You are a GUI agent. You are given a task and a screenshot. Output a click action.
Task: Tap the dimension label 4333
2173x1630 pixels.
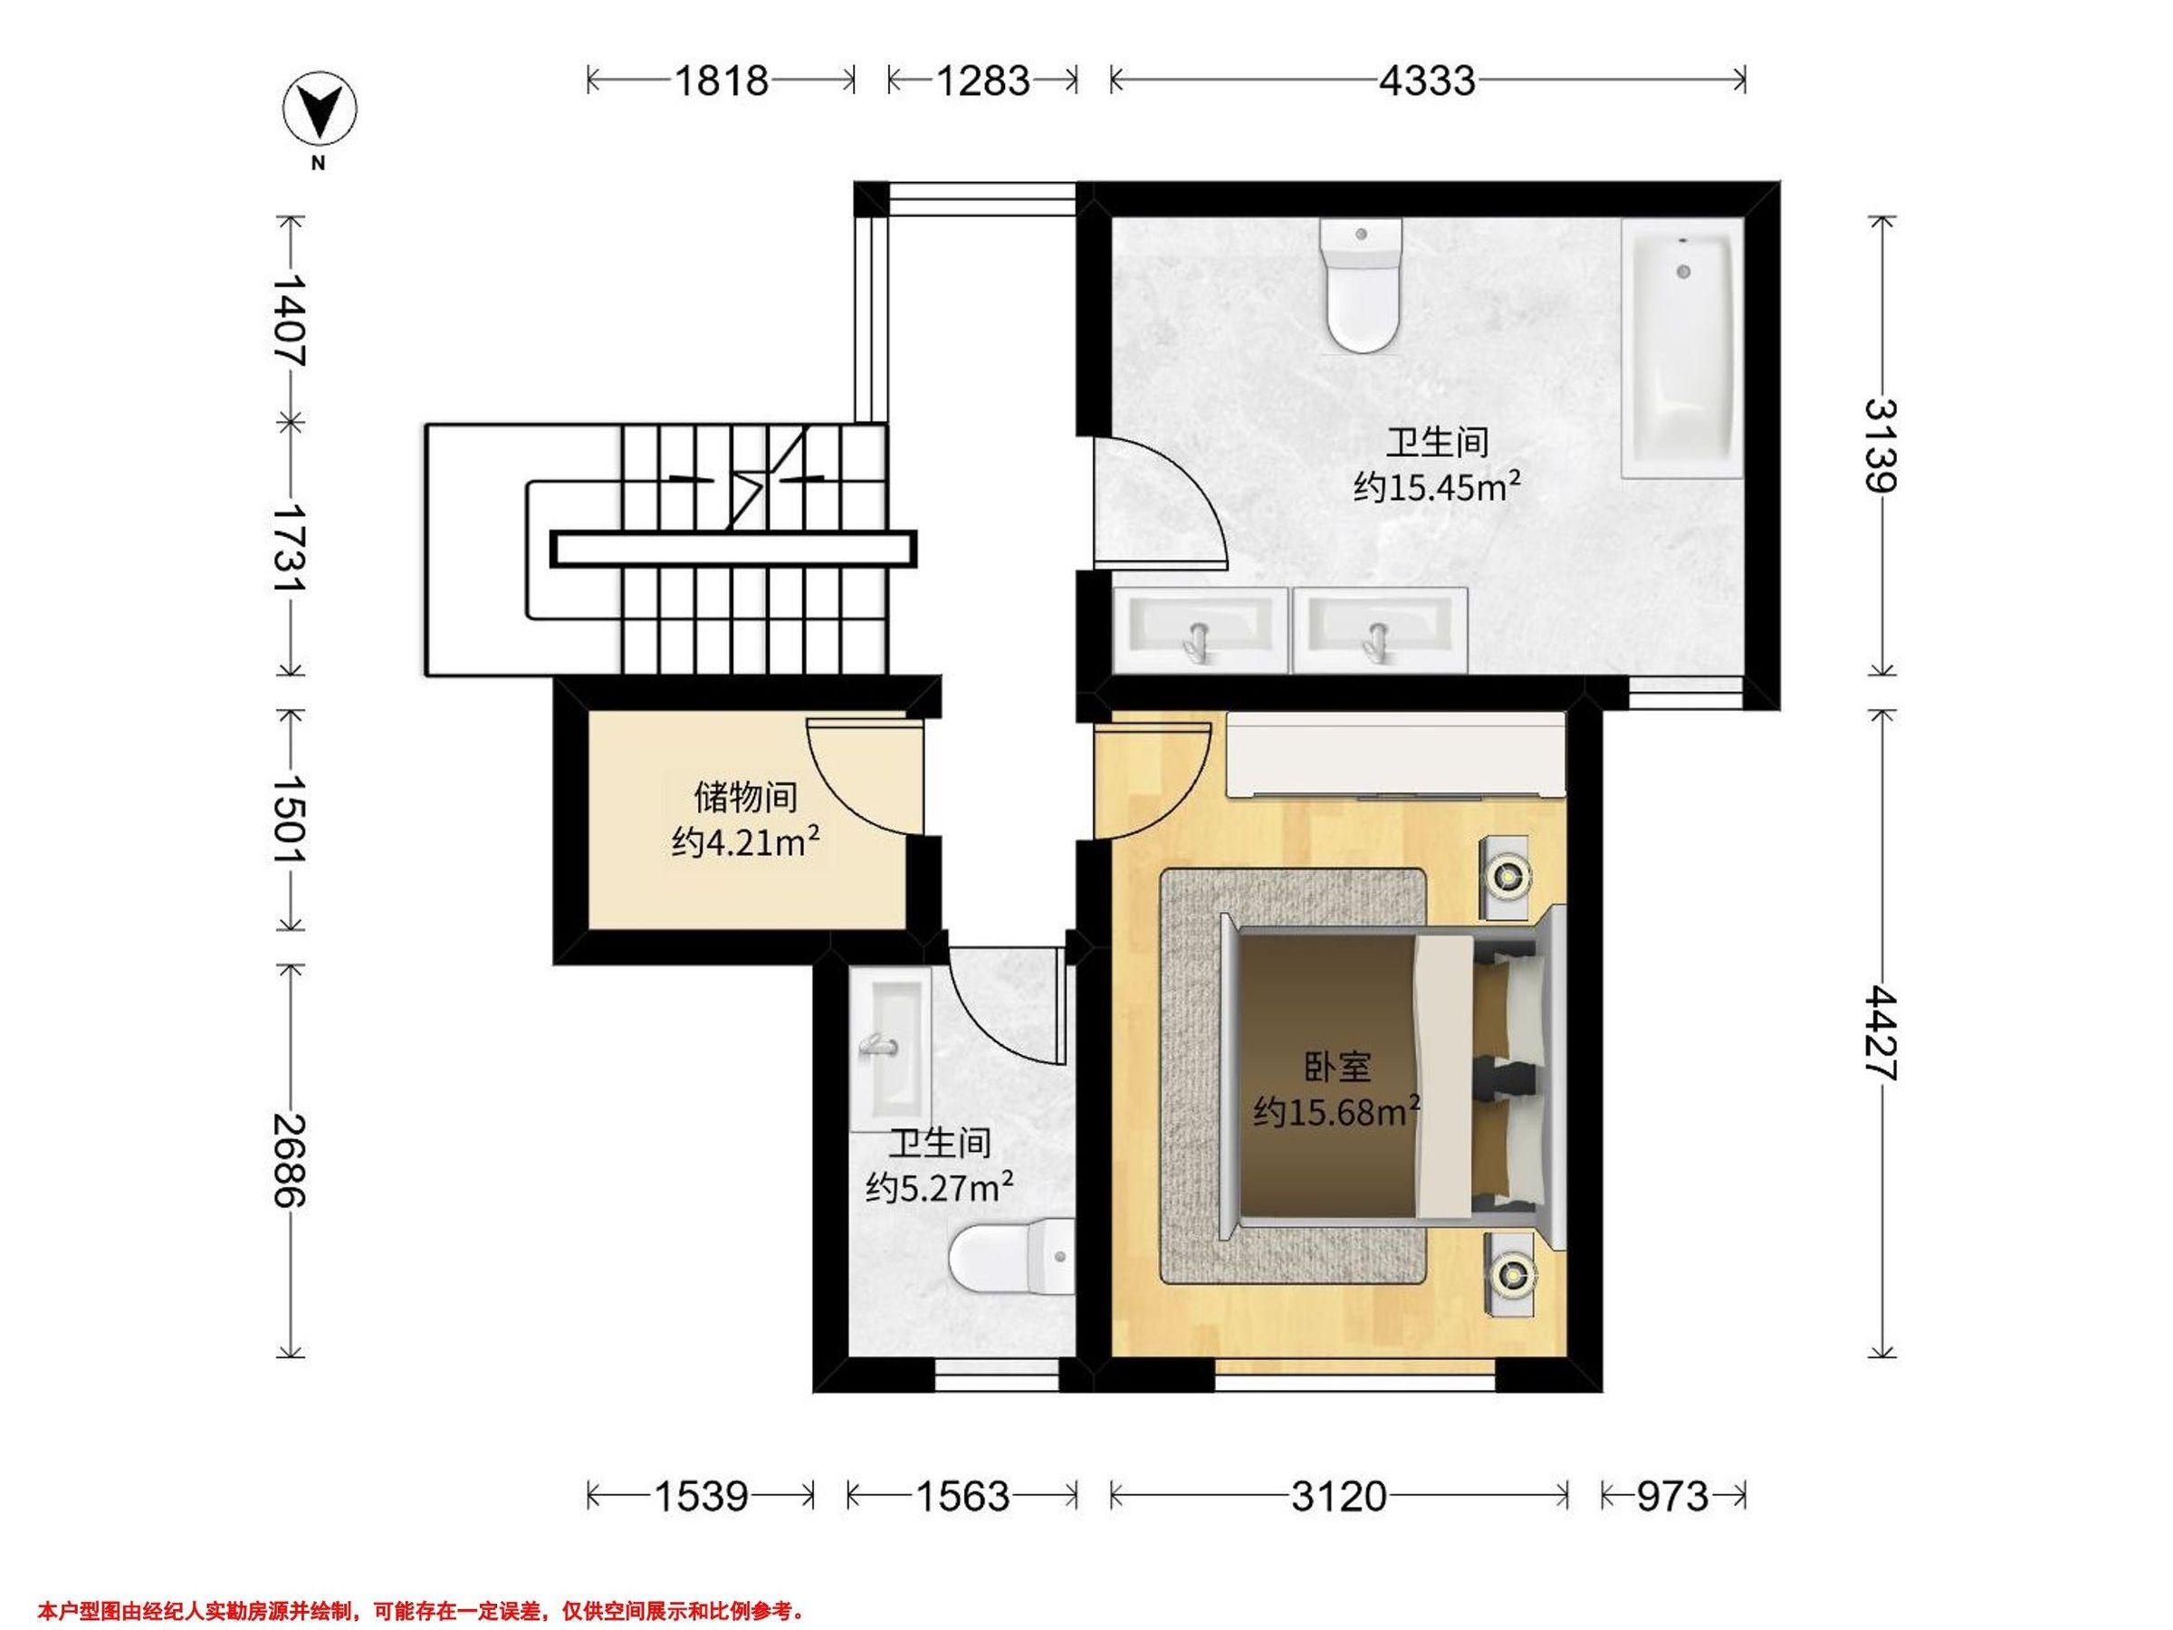tap(1426, 81)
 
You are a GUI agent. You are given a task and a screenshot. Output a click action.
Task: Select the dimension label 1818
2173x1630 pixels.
tap(721, 81)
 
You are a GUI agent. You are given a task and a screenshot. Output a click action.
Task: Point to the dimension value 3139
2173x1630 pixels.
tap(1881, 446)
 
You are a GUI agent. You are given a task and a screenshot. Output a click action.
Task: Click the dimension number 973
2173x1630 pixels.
tap(1673, 1496)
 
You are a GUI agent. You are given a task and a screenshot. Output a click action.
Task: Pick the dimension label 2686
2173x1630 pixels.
tap(290, 1160)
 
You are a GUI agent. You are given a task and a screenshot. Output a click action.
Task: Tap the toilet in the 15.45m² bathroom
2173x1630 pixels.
tap(1362, 286)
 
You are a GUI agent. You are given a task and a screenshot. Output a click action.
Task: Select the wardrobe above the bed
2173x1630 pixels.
tap(1395, 755)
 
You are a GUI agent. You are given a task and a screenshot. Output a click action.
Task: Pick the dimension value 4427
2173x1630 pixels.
tap(1881, 1032)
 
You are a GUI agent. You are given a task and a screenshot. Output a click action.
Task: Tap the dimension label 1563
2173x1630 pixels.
tap(962, 1496)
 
